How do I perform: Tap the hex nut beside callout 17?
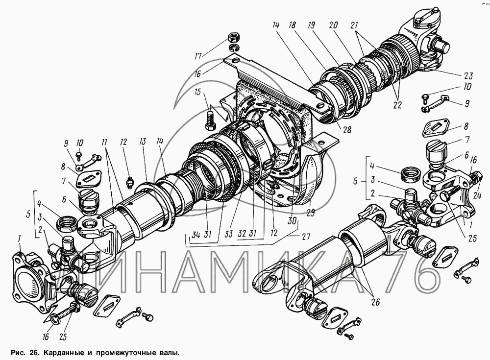[233, 38]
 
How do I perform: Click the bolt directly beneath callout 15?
[210, 120]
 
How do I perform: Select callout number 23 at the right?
[466, 76]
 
